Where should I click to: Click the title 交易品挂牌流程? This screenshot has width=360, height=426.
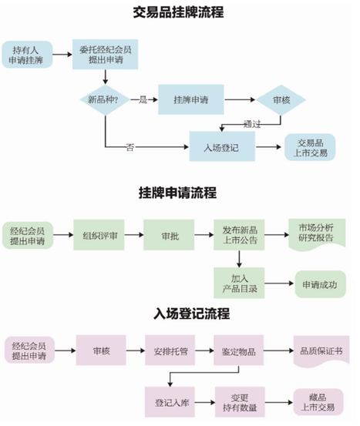[180, 12]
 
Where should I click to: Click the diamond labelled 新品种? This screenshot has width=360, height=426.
[105, 100]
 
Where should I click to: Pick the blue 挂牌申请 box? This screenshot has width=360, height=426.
[189, 100]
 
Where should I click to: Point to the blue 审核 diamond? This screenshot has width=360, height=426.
[281, 100]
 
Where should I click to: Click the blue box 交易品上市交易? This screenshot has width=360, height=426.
[311, 146]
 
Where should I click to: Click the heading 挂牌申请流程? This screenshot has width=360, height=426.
[178, 192]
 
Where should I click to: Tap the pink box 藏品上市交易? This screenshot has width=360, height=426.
[316, 400]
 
